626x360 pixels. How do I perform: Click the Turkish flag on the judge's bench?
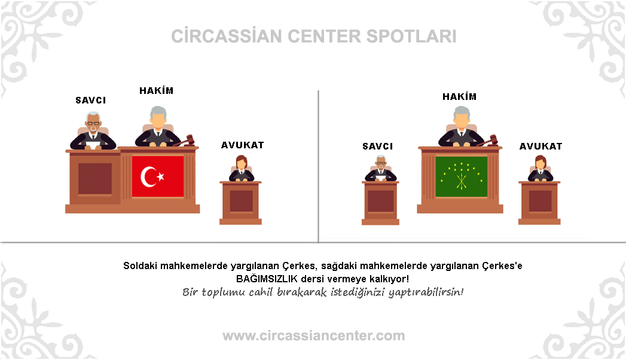(158, 176)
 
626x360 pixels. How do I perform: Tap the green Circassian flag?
(462, 176)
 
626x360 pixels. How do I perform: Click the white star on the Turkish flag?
(160, 176)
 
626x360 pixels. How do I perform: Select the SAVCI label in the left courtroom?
(91, 100)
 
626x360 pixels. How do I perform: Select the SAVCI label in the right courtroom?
(378, 147)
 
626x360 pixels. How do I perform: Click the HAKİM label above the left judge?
(157, 91)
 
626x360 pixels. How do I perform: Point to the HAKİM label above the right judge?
(460, 97)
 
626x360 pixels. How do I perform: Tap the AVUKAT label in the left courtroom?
(242, 145)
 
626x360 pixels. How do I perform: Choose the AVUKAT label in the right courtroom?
(541, 147)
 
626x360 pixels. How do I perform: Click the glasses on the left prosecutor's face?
(93, 123)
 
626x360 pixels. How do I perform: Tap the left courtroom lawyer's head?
(241, 163)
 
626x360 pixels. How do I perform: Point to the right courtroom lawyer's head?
(540, 163)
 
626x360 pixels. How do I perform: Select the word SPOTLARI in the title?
(411, 36)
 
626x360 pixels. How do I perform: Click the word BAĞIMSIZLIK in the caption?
(267, 279)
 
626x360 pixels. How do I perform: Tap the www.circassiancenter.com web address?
(314, 335)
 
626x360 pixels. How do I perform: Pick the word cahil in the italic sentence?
(261, 292)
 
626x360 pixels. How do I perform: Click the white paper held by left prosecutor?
(93, 145)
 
